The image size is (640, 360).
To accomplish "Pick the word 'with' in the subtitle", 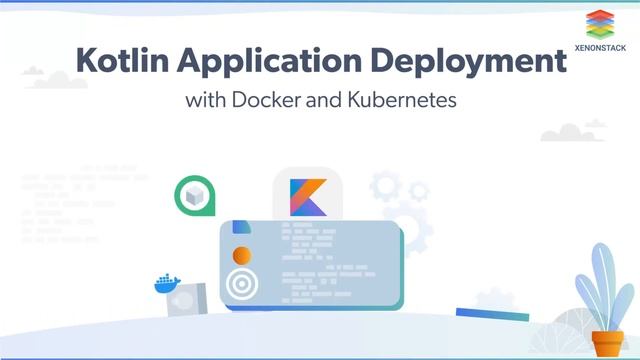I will [x=204, y=101].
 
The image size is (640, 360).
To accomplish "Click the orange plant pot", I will [x=607, y=343].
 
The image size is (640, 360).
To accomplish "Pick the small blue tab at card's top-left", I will [x=238, y=226].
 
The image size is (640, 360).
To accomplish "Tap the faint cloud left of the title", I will [x=35, y=74].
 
